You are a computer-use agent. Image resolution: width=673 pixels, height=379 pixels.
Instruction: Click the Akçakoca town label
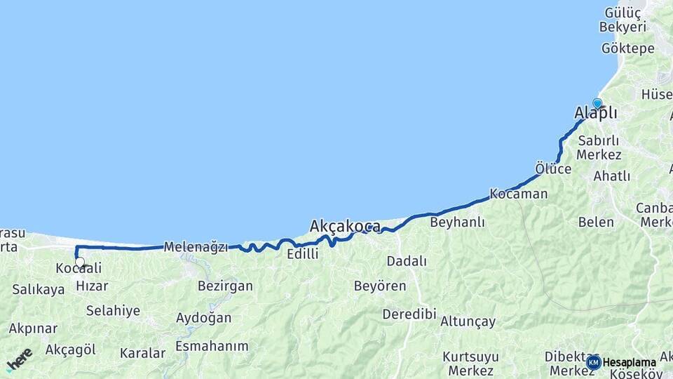(345, 226)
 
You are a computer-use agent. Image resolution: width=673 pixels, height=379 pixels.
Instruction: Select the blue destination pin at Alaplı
(597, 103)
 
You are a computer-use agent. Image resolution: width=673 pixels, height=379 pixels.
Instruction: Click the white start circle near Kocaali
(80, 262)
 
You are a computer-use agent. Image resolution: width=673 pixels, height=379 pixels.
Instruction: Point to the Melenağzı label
(196, 247)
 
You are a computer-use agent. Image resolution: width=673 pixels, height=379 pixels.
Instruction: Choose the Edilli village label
(303, 255)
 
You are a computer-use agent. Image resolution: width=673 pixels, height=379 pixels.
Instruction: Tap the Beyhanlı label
(457, 222)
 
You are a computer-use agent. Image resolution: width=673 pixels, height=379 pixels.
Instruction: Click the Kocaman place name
(519, 193)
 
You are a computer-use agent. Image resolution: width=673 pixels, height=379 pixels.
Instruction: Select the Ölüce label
(553, 169)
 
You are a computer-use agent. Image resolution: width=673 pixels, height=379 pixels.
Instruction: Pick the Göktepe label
(627, 48)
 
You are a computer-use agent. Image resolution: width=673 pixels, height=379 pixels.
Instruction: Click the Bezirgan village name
(224, 286)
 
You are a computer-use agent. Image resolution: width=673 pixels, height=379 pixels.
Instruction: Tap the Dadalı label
(407, 260)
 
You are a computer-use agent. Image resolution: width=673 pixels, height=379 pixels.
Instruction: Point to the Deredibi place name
(409, 314)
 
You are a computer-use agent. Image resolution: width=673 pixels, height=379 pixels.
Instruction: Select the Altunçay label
(468, 322)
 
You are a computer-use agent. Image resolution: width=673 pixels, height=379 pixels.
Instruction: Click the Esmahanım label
(212, 346)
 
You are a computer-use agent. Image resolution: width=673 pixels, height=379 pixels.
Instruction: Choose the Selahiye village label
(114, 310)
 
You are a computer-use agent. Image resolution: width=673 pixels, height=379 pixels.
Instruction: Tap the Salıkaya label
(39, 289)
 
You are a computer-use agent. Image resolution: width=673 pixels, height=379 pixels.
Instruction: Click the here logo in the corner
(19, 359)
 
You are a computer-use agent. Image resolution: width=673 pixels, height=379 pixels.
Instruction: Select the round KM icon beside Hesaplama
(593, 362)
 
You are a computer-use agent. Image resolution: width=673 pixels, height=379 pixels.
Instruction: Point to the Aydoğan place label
(203, 318)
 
